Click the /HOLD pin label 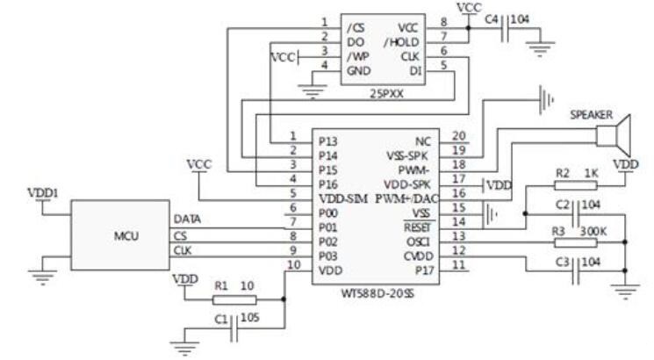tap(403, 42)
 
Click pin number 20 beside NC tap(457, 137)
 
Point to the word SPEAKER tap(593, 115)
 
